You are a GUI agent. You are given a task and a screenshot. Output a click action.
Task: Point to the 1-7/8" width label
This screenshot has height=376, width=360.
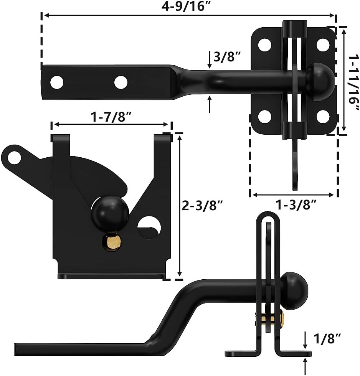(x=112, y=117)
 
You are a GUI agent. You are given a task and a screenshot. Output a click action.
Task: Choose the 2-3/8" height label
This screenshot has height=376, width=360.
(x=201, y=206)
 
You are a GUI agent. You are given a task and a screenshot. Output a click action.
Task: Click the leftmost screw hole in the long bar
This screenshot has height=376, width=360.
(x=57, y=81)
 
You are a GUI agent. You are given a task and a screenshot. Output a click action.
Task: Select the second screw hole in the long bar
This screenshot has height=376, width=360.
(x=121, y=81)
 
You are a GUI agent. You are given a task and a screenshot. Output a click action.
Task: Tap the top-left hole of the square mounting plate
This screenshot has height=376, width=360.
(x=264, y=45)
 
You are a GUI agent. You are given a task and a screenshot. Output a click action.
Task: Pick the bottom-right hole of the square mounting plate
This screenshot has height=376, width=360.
(x=324, y=116)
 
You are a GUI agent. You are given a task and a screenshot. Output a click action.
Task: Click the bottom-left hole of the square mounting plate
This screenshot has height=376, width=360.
(x=264, y=116)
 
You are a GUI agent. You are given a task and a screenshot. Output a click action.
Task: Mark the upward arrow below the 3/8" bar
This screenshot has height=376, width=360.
(x=209, y=104)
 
